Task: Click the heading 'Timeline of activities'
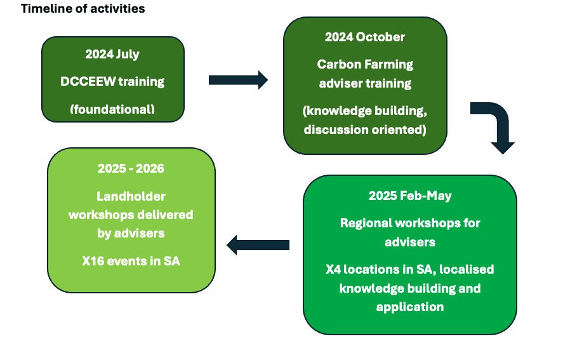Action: click(x=83, y=9)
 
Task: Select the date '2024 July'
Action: click(x=112, y=54)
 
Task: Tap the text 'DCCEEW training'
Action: click(x=112, y=81)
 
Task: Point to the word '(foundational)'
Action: click(x=112, y=109)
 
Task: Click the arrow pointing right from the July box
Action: click(x=238, y=80)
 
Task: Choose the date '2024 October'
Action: click(x=365, y=37)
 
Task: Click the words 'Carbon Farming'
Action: click(x=365, y=64)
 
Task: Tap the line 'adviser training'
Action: click(x=365, y=83)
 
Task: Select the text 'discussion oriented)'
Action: click(x=365, y=130)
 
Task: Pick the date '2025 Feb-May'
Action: click(x=410, y=196)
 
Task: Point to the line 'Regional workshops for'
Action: click(x=410, y=223)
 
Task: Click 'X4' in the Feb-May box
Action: click(x=333, y=269)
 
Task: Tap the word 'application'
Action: click(x=410, y=307)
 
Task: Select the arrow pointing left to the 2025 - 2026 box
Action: click(x=258, y=245)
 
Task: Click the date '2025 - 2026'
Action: click(x=131, y=168)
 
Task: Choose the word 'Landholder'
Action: click(x=131, y=197)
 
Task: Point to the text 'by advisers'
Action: click(x=131, y=234)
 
